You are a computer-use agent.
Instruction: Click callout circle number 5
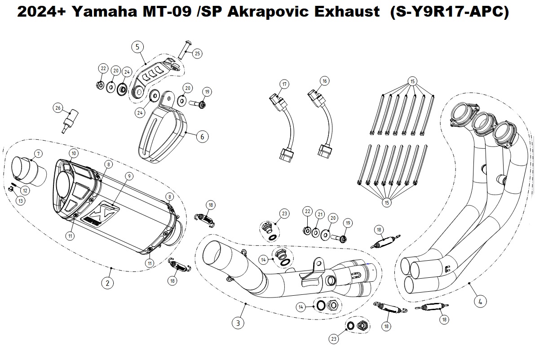137,46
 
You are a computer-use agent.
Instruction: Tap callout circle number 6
202,137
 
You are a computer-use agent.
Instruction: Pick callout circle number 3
238,322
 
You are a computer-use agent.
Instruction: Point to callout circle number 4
480,302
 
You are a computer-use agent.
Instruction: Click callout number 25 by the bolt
197,53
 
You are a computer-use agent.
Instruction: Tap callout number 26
57,108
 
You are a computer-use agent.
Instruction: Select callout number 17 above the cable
284,84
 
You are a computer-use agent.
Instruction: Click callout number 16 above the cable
325,81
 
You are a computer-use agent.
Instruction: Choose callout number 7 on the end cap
39,154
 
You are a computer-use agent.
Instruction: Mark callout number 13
21,201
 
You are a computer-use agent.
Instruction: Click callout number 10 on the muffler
74,154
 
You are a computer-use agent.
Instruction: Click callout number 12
25,191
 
